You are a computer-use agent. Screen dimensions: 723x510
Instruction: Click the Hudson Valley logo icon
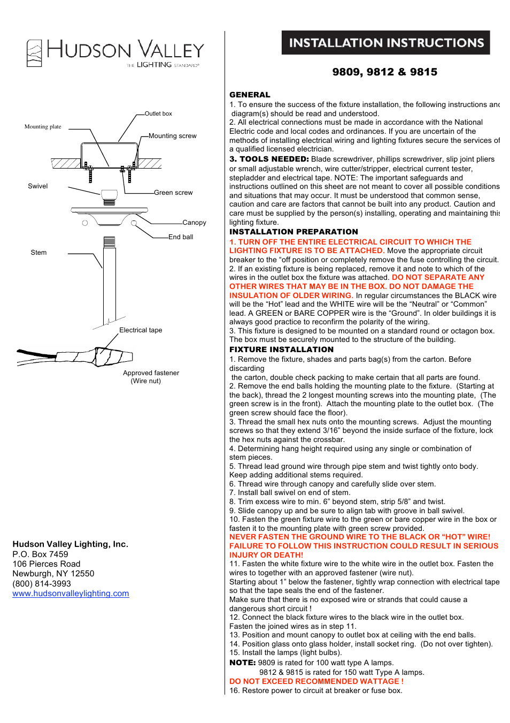pos(34,53)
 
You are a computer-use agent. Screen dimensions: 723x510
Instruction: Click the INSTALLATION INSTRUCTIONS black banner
pos(386,43)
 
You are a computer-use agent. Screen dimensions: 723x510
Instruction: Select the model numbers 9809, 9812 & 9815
pos(384,72)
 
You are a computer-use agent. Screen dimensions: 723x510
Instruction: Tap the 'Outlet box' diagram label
pos(158,113)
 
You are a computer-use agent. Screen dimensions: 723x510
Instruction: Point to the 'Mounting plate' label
pos(43,127)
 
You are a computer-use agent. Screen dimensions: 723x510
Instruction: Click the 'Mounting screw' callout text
pos(172,136)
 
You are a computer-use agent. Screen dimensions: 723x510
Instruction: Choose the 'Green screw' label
pos(173,193)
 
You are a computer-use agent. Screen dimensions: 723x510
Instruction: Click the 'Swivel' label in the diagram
pos(38,186)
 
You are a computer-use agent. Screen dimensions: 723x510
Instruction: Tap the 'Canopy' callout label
pos(194,223)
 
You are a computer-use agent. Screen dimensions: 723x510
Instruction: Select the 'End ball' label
pos(181,237)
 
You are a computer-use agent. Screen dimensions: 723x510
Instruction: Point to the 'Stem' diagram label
pos(38,253)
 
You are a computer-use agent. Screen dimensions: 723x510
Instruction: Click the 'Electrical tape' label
pos(141,330)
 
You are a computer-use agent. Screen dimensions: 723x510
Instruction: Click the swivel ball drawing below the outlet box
pos(109,196)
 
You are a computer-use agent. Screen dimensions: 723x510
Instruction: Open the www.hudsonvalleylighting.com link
pos(71,593)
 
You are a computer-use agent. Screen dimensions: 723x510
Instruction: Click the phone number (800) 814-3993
pos(42,584)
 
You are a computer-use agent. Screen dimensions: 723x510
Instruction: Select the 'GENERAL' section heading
pos(250,95)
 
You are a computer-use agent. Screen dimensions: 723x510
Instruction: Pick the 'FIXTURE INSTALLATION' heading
pos(281,349)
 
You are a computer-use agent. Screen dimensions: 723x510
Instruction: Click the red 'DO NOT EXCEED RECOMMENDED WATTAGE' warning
pos(316,681)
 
